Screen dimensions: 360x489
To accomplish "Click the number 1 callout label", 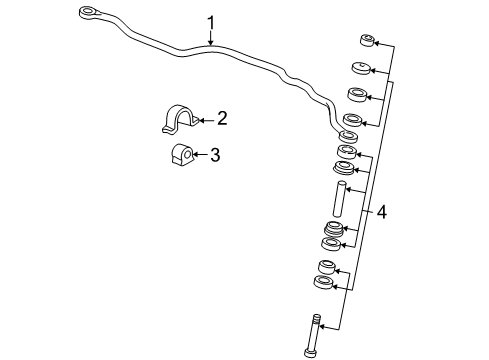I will pyautogui.click(x=211, y=21).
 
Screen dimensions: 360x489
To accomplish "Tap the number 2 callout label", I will pyautogui.click(x=222, y=119).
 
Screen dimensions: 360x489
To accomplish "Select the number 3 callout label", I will pyautogui.click(x=215, y=154).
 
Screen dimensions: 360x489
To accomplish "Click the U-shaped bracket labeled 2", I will pyautogui.click(x=176, y=120).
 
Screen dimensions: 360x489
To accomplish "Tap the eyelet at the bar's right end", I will pyautogui.click(x=349, y=134).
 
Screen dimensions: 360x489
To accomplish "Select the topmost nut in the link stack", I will pyautogui.click(x=367, y=41).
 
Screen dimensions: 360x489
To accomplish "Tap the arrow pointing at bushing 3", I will pyautogui.click(x=197, y=154).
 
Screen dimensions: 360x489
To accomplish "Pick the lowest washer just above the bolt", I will pyautogui.click(x=323, y=285).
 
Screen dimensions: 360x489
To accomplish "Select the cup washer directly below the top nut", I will pyautogui.click(x=363, y=69).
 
